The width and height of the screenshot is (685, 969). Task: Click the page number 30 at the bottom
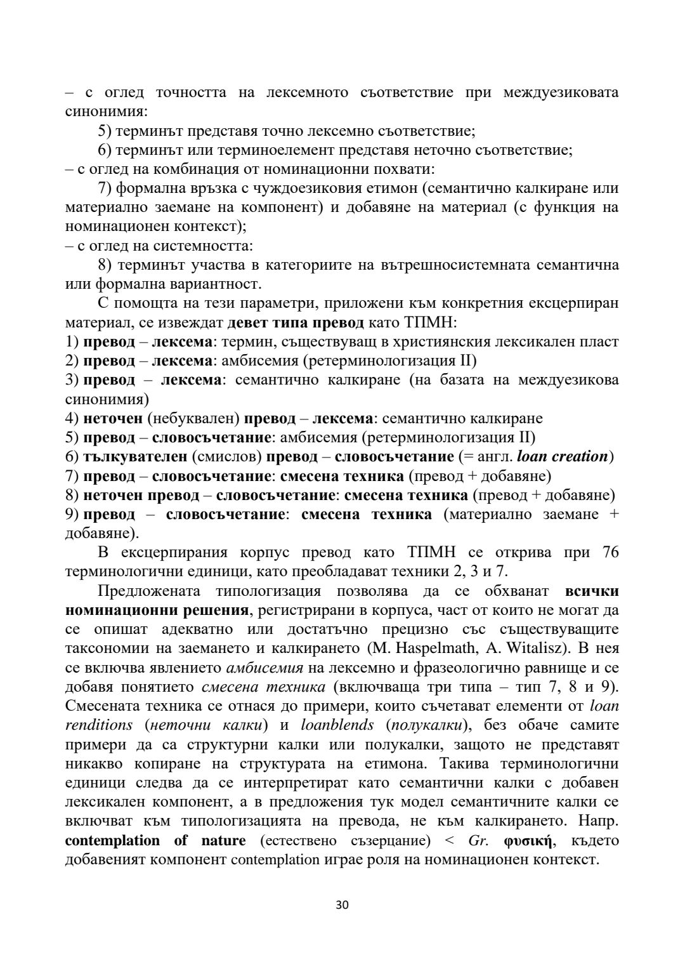[342, 905]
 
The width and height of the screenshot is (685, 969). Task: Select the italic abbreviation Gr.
[477, 841]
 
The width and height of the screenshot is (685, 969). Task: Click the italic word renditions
[99, 725]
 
